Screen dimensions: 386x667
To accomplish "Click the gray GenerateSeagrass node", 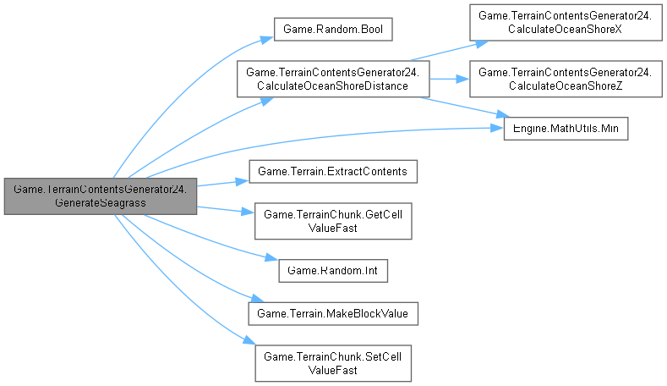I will click(101, 196).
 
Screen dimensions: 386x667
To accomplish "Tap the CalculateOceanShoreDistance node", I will click(333, 80).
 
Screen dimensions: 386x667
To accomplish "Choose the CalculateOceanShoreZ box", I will click(565, 80).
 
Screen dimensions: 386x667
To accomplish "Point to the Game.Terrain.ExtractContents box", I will click(332, 172).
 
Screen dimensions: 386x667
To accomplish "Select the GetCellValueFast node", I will click(334, 220).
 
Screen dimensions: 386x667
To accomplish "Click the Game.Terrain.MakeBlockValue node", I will click(332, 313).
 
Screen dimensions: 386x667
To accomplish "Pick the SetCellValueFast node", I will click(333, 362).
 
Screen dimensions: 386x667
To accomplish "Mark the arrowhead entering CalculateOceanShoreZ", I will click(466, 80).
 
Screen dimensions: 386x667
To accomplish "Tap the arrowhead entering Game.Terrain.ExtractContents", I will click(242, 179).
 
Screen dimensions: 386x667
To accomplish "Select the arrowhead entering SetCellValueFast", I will click(250, 341).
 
